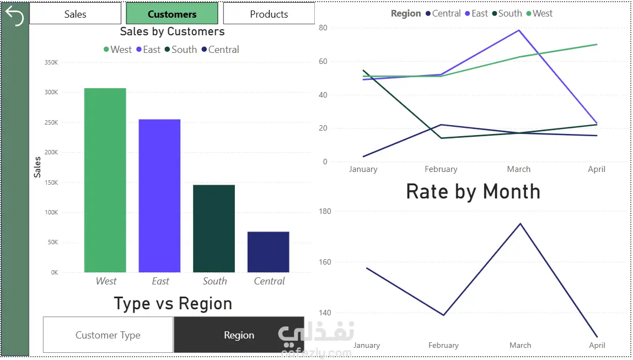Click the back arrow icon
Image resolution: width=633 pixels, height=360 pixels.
(x=14, y=16)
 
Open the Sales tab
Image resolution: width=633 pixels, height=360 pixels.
(x=75, y=14)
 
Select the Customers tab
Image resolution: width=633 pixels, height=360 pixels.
(x=172, y=14)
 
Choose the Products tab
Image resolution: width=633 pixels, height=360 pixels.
(x=269, y=14)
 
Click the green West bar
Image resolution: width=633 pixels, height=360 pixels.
(x=105, y=180)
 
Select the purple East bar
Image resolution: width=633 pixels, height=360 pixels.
(x=159, y=196)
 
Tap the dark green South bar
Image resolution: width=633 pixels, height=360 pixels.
(x=214, y=228)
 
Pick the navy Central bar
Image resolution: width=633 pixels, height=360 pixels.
(x=269, y=252)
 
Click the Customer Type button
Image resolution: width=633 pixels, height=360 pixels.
(x=108, y=335)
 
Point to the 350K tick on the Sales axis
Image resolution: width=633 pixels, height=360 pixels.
(x=51, y=62)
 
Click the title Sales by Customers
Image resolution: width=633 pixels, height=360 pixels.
(x=173, y=31)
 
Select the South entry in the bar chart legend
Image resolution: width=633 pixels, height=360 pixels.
(x=181, y=50)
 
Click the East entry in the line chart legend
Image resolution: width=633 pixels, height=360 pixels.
(x=476, y=13)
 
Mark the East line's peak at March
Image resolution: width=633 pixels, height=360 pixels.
(x=519, y=30)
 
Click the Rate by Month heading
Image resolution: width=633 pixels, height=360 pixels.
(x=473, y=191)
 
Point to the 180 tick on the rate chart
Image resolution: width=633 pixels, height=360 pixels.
(x=325, y=212)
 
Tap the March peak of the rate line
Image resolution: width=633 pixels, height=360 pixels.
(x=520, y=224)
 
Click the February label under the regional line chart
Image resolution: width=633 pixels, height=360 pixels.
(x=441, y=169)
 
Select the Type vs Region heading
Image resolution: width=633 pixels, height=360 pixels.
(x=173, y=304)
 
